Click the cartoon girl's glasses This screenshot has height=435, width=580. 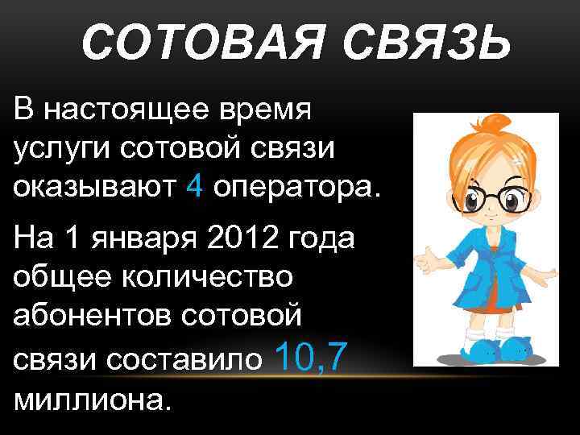[x=483, y=195]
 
